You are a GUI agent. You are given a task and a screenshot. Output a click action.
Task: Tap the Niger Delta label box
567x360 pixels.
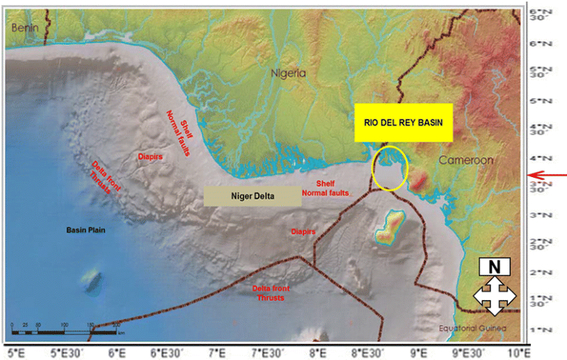point(251,196)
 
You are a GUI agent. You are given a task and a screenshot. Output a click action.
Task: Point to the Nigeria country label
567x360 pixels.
point(288,73)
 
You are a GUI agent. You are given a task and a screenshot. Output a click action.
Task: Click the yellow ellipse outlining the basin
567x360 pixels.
point(390,168)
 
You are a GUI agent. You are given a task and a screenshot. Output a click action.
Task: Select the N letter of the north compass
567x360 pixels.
point(495,266)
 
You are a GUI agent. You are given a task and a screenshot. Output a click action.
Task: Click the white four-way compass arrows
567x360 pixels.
point(495,296)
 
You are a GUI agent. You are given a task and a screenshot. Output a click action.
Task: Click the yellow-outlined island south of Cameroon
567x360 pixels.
point(390,227)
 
